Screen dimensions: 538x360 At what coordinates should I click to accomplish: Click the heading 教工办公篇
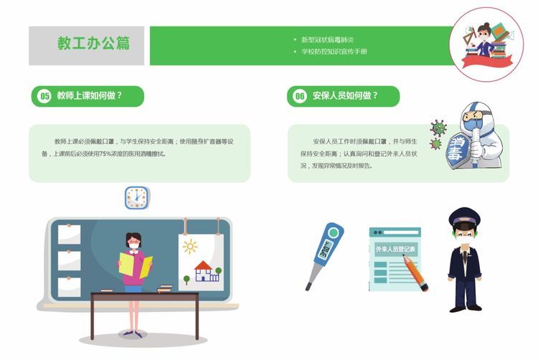pyautogui.click(x=94, y=43)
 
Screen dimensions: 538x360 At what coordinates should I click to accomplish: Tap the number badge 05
pyautogui.click(x=44, y=95)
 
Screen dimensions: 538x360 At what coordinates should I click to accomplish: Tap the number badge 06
pyautogui.click(x=300, y=95)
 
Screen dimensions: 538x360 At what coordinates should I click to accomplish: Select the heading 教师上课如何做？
pyautogui.click(x=90, y=95)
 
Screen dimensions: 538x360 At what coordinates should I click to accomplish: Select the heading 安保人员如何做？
pyautogui.click(x=345, y=95)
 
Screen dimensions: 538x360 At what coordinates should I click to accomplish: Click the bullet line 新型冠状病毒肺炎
pyautogui.click(x=327, y=39)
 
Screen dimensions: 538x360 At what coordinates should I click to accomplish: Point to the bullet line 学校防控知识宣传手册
pyautogui.click(x=334, y=52)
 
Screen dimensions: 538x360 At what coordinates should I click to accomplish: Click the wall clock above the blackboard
pyautogui.click(x=137, y=198)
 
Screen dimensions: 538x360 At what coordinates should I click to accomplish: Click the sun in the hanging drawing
pyautogui.click(x=190, y=247)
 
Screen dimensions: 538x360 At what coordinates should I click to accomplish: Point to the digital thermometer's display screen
pyautogui.click(x=324, y=250)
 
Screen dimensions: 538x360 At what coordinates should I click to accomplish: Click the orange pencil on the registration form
pyautogui.click(x=415, y=273)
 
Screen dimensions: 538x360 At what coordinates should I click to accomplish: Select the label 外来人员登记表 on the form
pyautogui.click(x=395, y=250)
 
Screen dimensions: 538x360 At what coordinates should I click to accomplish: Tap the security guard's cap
pyautogui.click(x=465, y=216)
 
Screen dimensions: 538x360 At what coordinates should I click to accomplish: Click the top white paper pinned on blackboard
pyautogui.click(x=70, y=235)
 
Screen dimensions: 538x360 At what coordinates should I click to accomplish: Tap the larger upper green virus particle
pyautogui.click(x=439, y=127)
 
